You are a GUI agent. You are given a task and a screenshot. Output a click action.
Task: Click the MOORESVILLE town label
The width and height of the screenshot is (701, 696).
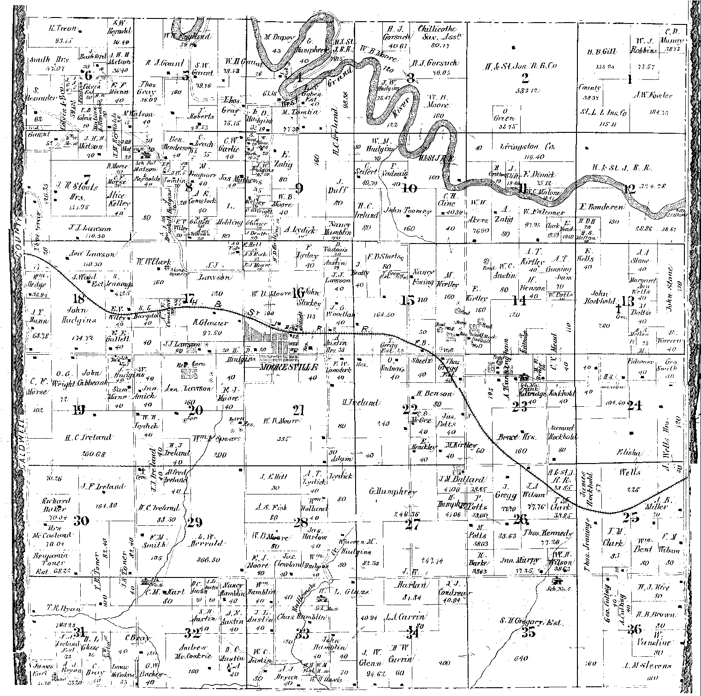click(289, 368)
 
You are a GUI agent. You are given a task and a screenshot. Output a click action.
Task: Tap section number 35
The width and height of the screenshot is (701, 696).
click(529, 632)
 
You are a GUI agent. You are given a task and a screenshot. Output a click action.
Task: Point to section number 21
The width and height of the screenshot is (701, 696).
click(299, 410)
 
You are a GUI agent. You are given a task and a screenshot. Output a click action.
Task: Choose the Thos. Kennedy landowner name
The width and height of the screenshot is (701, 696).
click(547, 533)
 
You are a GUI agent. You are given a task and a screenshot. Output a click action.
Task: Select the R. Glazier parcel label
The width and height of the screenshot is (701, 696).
click(210, 323)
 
